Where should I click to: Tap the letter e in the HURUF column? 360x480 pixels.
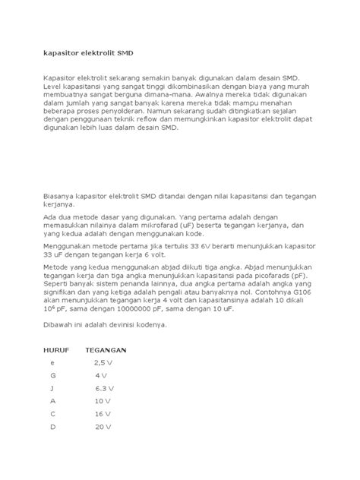pos(53,365)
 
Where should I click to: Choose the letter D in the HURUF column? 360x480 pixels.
pos(54,427)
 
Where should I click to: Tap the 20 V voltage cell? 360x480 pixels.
pos(103,427)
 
